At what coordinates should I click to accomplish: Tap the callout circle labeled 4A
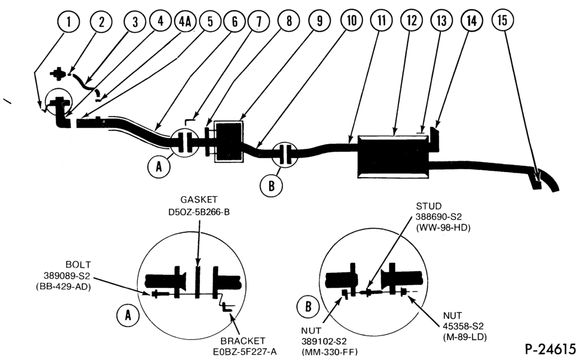pyautogui.click(x=185, y=21)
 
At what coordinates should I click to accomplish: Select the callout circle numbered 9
pyautogui.click(x=319, y=21)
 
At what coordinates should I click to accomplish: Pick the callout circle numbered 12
pyautogui.click(x=412, y=20)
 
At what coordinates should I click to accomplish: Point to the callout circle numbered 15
pyautogui.click(x=503, y=20)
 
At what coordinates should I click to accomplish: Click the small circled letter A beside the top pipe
pyautogui.click(x=159, y=167)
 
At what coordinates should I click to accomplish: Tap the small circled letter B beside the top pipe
pyautogui.click(x=271, y=185)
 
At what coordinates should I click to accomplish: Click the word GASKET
pyautogui.click(x=199, y=200)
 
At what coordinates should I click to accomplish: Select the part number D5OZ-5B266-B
pyautogui.click(x=199, y=213)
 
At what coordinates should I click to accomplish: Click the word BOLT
pyautogui.click(x=78, y=265)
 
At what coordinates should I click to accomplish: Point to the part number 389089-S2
pyautogui.click(x=67, y=276)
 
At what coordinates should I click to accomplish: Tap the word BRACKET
pyautogui.click(x=243, y=341)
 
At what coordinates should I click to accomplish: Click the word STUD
pyautogui.click(x=429, y=206)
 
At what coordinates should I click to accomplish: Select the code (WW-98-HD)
pyautogui.click(x=443, y=228)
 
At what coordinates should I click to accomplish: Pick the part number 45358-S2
pyautogui.click(x=463, y=326)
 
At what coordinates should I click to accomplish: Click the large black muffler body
pyautogui.click(x=393, y=157)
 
